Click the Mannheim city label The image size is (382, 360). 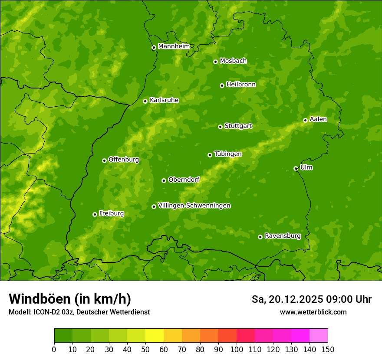point(174,46)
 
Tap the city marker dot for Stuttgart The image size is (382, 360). point(220,127)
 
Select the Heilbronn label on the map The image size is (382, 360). point(241,85)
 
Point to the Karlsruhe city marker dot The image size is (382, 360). point(145,101)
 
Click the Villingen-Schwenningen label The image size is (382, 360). point(194,206)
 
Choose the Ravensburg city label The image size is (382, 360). point(283,236)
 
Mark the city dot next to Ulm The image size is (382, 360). point(296,168)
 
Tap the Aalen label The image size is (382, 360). point(318,119)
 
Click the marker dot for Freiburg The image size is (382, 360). point(95,214)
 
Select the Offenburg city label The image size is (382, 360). point(124,160)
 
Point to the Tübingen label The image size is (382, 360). point(228,154)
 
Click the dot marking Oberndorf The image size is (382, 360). point(164,180)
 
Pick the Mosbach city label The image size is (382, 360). point(233,61)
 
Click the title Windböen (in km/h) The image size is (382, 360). point(70,299)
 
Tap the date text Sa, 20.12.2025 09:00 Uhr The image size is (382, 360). point(311,299)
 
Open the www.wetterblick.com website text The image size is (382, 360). point(313,312)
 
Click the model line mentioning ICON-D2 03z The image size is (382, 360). point(79,312)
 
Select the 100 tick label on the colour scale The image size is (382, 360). point(237,349)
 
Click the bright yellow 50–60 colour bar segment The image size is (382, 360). point(155,336)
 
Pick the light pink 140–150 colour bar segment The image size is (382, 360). point(319,336)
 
